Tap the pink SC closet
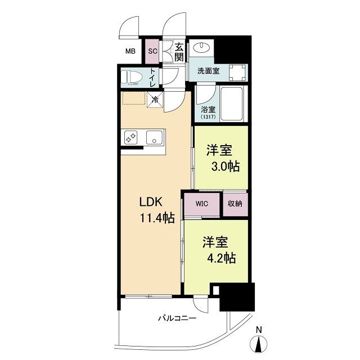point(152,52)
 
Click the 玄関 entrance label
point(179,52)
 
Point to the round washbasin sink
point(201,48)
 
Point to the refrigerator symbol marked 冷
point(155,100)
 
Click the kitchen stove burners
point(131,137)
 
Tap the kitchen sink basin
point(154,137)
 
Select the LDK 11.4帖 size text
point(157,219)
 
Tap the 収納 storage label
point(235,204)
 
